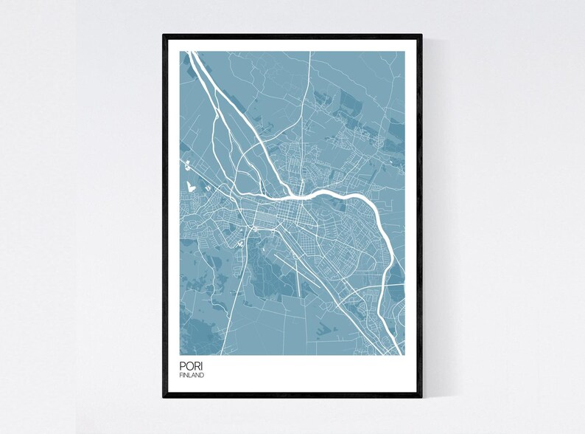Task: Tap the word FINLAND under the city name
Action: point(192,376)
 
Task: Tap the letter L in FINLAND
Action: point(190,376)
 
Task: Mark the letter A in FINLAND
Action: point(194,376)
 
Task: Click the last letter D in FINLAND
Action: point(203,376)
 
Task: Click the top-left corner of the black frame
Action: point(164,34)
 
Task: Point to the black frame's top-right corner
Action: point(421,34)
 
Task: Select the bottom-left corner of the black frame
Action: point(164,398)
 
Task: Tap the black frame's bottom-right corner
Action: point(421,398)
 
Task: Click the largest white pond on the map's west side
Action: point(192,187)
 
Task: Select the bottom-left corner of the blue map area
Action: point(180,354)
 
